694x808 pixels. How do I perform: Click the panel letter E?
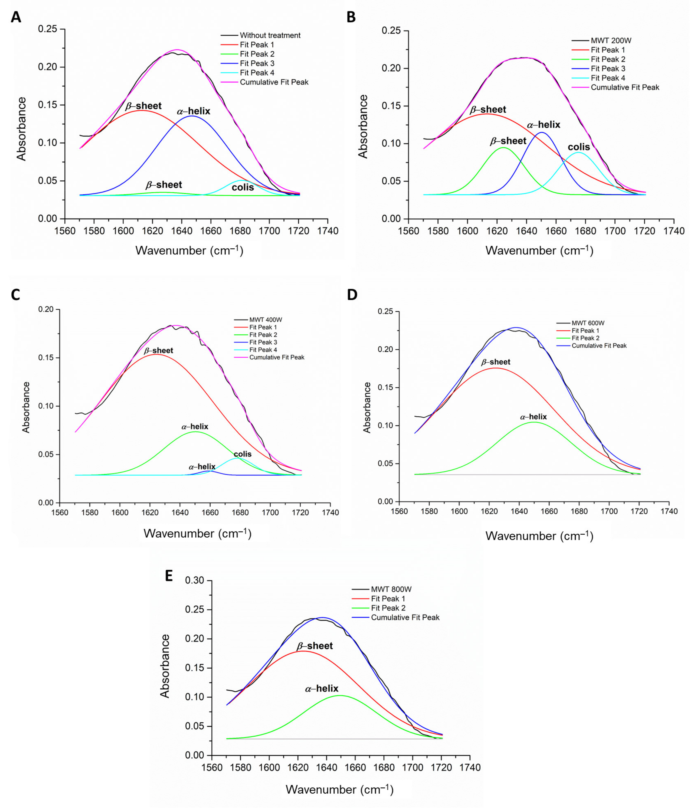coord(169,576)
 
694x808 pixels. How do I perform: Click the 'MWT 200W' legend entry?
coord(611,40)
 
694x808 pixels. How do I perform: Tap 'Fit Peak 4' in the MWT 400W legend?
coord(263,350)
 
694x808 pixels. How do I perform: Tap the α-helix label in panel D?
coord(533,417)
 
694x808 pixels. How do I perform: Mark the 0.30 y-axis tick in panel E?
coord(195,580)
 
